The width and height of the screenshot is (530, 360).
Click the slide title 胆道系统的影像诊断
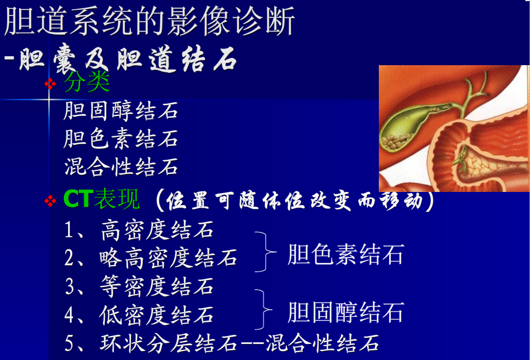(x=149, y=23)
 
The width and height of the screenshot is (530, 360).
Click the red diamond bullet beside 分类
(x=51, y=83)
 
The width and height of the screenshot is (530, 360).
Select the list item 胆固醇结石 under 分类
(x=121, y=111)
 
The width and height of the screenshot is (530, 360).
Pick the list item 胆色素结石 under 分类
(x=121, y=139)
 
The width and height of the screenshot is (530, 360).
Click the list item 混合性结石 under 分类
(x=121, y=167)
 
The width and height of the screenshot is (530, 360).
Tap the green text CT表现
(x=102, y=200)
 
